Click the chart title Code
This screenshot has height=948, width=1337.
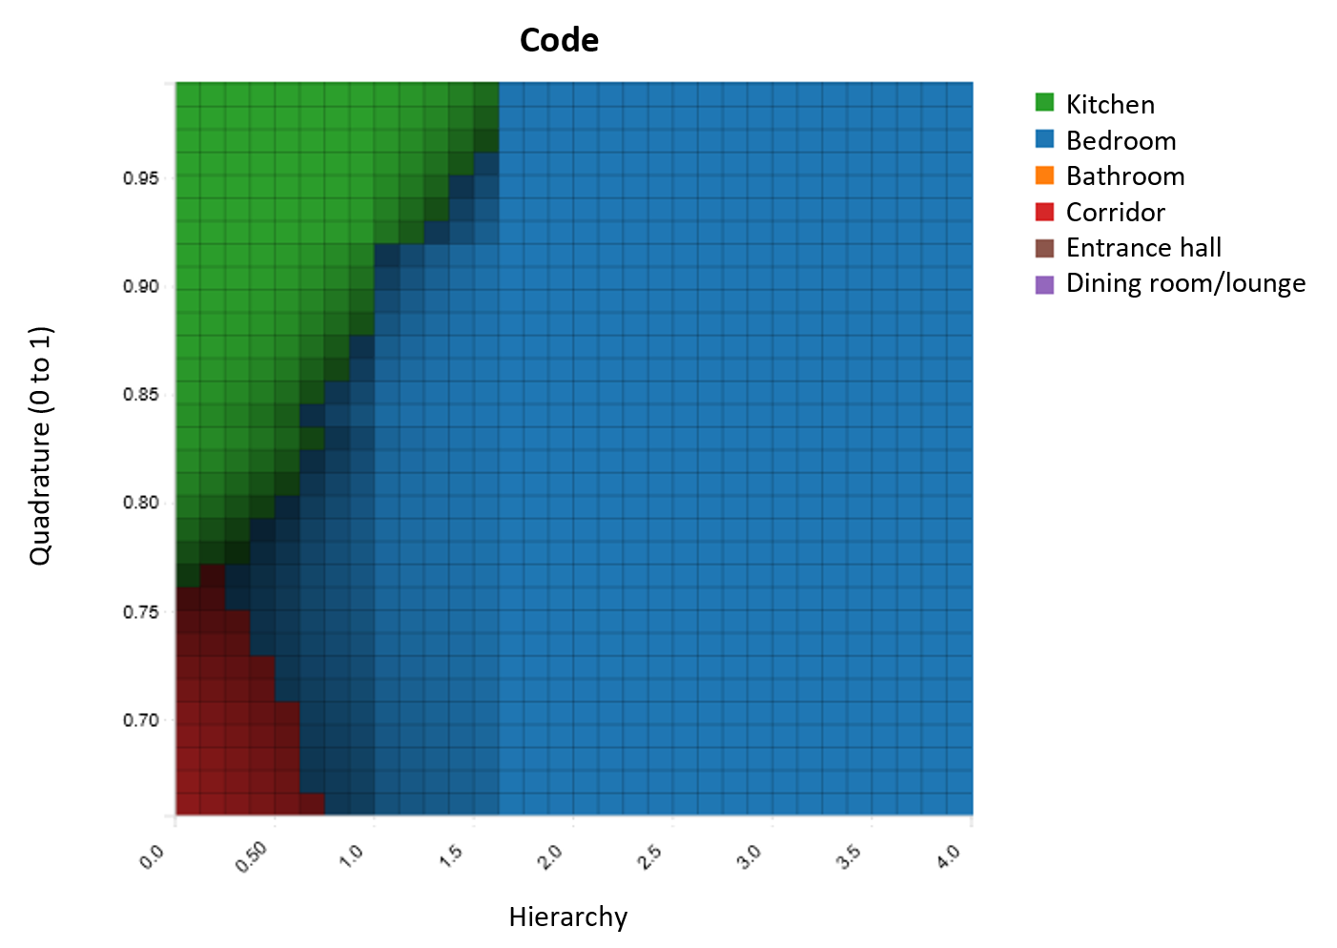tap(559, 40)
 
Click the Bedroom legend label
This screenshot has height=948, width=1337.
tap(1121, 140)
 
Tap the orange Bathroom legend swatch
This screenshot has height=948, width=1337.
tap(1044, 176)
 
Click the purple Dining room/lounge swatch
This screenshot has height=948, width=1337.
tap(1044, 284)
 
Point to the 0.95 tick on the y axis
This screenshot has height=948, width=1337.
tap(141, 178)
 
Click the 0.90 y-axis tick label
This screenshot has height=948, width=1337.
tap(141, 287)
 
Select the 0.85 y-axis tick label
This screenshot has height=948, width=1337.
tap(141, 395)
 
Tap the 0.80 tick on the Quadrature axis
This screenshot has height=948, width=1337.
tap(141, 504)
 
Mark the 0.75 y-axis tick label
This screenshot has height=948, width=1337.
tap(141, 612)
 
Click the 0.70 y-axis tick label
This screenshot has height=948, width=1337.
tap(141, 720)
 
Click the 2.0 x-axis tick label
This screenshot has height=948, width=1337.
tap(550, 857)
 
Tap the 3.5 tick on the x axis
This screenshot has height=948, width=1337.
tap(849, 857)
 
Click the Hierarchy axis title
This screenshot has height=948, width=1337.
tap(567, 917)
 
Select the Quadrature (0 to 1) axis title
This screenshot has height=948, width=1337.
tap(40, 445)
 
